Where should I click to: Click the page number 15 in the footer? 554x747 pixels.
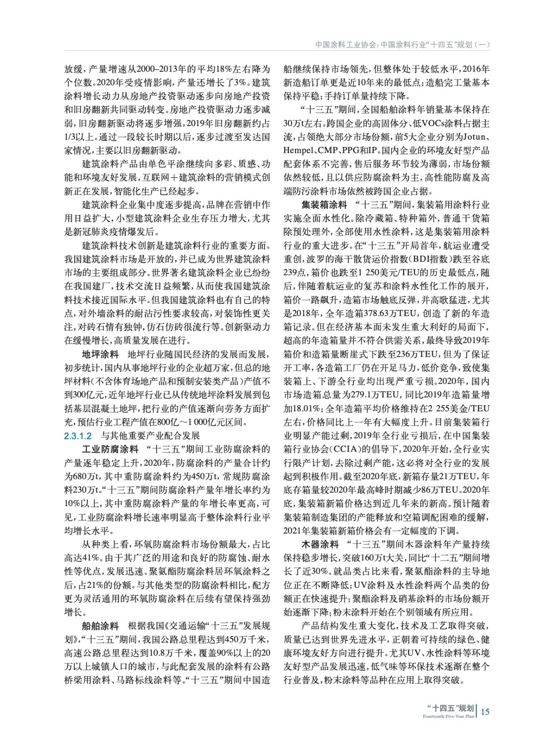(x=485, y=712)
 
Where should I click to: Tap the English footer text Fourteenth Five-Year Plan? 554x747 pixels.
(x=448, y=716)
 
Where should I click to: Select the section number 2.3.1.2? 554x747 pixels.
(x=78, y=436)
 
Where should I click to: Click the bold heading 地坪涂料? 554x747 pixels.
(x=100, y=354)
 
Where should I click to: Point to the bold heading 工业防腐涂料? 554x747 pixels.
(x=110, y=450)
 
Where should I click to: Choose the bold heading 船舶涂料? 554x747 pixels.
(x=100, y=626)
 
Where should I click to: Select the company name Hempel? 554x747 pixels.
(x=298, y=151)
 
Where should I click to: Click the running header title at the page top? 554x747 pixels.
(x=402, y=45)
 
